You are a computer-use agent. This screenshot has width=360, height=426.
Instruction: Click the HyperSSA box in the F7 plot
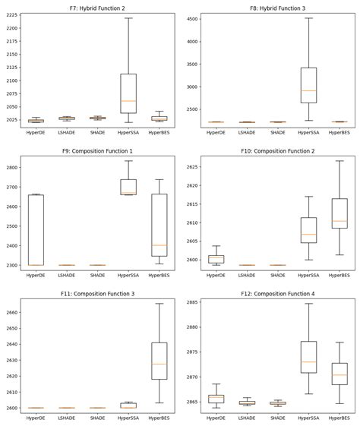click(x=128, y=93)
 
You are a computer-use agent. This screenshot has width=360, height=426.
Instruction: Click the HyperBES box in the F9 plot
click(x=159, y=225)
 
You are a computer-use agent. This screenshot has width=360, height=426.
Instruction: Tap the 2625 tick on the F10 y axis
click(x=191, y=166)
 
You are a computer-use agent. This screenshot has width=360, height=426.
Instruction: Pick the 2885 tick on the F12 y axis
click(x=191, y=302)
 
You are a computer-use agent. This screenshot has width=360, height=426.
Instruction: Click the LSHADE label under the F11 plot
click(x=66, y=418)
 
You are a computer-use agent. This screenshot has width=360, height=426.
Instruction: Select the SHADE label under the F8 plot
click(x=278, y=132)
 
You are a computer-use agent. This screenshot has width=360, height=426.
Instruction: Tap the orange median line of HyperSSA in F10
click(x=308, y=235)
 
